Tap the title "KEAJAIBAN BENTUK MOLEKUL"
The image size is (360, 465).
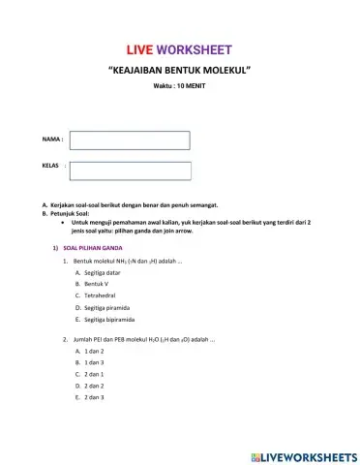(x=180, y=72)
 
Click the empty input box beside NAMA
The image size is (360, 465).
(x=130, y=140)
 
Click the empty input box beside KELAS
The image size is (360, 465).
(x=130, y=170)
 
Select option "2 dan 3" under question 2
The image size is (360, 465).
(x=94, y=397)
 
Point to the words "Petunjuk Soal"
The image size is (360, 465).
(x=69, y=213)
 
